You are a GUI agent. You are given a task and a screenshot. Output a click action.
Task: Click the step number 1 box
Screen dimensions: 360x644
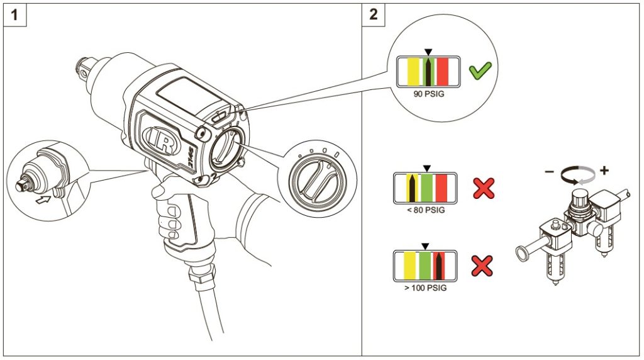click(x=15, y=14)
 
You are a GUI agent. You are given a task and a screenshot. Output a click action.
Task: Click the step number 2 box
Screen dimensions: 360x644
click(x=374, y=14)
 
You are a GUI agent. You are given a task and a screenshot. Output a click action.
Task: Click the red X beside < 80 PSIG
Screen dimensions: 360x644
click(x=483, y=188)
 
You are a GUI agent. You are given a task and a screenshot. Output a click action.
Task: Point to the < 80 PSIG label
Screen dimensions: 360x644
click(x=426, y=210)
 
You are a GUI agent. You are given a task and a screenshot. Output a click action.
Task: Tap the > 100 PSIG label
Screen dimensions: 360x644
click(x=426, y=288)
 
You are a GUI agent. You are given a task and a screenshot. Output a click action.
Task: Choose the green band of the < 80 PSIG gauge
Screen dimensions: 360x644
click(x=428, y=188)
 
